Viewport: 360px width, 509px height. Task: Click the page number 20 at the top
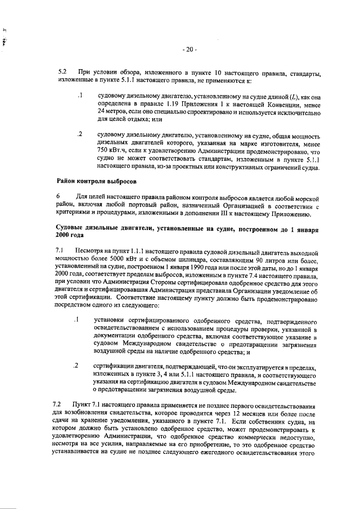188,49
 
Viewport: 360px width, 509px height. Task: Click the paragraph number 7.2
57,404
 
